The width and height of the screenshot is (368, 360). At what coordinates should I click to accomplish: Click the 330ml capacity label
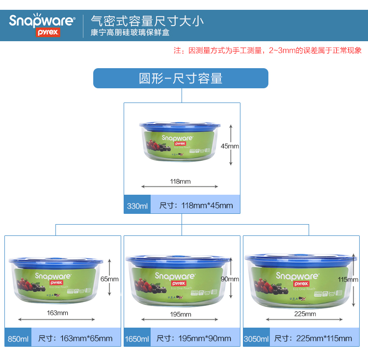click(137, 206)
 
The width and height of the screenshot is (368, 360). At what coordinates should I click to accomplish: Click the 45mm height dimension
click(230, 146)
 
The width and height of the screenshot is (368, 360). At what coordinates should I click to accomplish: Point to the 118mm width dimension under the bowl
click(180, 181)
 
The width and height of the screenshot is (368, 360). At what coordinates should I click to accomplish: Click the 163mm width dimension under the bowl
click(58, 313)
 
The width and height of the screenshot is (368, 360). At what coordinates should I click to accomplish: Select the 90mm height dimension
click(230, 279)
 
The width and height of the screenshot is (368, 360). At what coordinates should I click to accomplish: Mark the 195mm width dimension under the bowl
click(181, 314)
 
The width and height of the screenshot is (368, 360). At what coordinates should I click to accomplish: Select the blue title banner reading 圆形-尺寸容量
click(181, 78)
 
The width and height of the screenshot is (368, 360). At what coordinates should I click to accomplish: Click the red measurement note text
click(268, 51)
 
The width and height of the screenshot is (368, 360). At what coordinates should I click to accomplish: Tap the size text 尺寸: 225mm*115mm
click(313, 338)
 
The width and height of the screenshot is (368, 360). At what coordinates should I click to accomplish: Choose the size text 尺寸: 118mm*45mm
click(196, 206)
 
